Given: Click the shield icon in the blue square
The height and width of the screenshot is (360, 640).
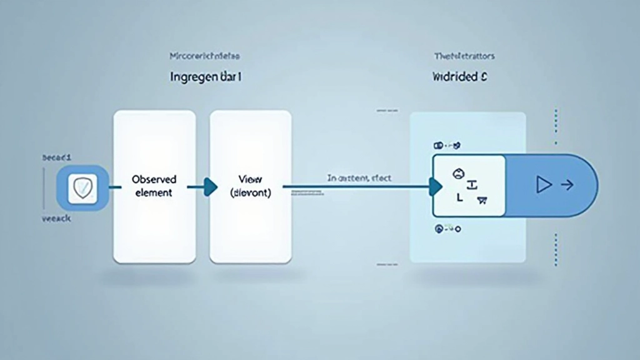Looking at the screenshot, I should click(x=83, y=187).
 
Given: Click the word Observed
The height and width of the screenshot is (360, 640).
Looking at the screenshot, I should click(x=154, y=179).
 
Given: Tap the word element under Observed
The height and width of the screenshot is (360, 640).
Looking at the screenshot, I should click(x=154, y=192).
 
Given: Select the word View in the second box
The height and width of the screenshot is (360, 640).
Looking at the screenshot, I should click(x=249, y=179).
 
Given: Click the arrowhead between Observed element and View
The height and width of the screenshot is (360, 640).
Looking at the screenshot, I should click(x=210, y=186).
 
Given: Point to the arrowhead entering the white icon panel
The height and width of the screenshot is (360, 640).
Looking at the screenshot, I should click(x=435, y=186).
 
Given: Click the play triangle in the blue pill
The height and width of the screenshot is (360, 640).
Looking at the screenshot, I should click(x=544, y=184).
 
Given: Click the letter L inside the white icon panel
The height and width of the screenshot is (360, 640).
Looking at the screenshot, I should click(x=460, y=197).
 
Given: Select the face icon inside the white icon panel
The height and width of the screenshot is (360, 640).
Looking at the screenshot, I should click(x=458, y=173).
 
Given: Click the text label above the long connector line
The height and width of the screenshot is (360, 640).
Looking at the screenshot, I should click(x=359, y=178).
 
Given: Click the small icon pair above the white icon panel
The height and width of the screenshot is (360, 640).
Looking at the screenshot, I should click(x=447, y=145).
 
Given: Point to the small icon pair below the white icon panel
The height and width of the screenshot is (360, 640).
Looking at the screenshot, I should click(x=447, y=229).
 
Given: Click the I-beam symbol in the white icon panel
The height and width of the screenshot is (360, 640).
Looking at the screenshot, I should click(x=472, y=184).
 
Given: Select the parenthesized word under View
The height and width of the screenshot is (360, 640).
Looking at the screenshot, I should click(x=250, y=193).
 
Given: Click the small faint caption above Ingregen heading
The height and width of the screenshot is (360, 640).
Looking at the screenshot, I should click(x=205, y=56).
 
